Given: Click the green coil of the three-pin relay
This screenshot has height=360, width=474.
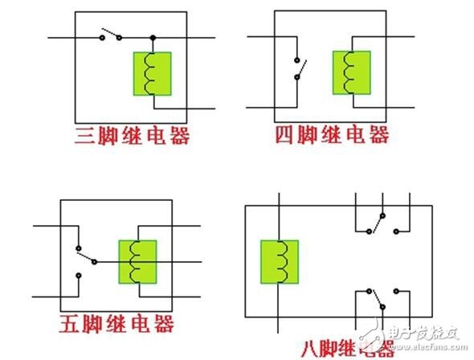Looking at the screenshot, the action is pos(153,74).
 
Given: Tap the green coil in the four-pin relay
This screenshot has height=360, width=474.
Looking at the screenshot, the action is pos(352,73).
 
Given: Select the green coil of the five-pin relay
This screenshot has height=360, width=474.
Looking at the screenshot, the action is pos(137,262).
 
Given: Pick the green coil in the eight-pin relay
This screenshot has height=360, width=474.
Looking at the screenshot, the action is pos(280,262).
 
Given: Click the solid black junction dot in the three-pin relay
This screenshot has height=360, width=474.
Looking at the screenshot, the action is pos(153,38).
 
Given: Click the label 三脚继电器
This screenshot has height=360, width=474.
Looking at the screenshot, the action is pos(132,136).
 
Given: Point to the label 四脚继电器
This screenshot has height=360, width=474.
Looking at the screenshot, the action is pos(333,135).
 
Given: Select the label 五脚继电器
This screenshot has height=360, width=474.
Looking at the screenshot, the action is pos(116,324).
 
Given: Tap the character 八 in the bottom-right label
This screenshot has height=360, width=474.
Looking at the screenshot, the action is pos(312,350).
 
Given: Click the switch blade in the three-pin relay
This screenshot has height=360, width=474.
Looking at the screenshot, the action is pos(111,33).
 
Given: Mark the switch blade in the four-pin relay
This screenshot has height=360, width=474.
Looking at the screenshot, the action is pos(302,69).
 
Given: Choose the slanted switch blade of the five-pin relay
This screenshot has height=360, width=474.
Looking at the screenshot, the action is pos(86,257).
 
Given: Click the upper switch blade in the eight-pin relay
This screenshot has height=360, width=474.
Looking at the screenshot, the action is pos(378,224).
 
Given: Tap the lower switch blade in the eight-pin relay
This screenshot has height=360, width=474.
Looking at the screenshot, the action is pos(378,299).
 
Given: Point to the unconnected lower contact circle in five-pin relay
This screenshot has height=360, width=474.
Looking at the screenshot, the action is pos(79,276).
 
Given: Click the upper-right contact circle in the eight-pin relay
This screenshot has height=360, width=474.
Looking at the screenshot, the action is pos(396,231).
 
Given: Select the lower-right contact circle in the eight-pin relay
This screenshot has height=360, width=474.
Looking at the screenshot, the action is pos(396,291).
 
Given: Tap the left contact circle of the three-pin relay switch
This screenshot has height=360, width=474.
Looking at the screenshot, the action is pos(103,38).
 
